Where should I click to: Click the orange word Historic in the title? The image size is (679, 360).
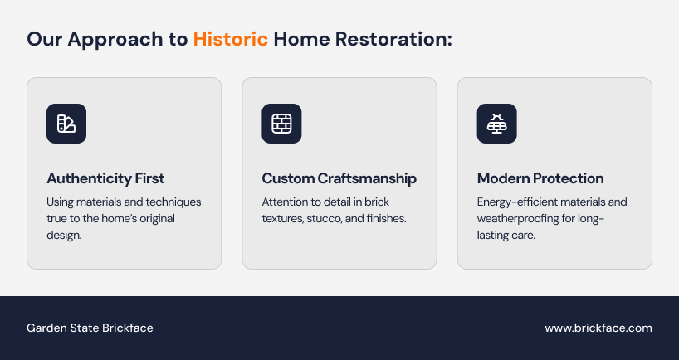[231, 39]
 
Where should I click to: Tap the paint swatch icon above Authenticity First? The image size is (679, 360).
[66, 124]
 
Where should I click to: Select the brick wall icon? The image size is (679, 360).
[281, 124]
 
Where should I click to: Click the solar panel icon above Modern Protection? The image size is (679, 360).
[496, 124]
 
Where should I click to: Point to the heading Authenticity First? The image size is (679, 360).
[105, 178]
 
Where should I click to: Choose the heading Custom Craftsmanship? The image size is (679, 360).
[339, 178]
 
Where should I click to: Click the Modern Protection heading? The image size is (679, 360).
[540, 178]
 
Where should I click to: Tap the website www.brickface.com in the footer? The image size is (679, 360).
[598, 328]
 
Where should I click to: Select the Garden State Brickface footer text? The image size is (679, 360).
[90, 328]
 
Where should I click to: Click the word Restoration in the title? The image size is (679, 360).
[393, 39]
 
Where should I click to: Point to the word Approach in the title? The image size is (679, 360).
[115, 40]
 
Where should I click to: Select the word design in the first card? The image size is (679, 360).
[64, 236]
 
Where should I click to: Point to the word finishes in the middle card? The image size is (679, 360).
[386, 218]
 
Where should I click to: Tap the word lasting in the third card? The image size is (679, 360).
[491, 236]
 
